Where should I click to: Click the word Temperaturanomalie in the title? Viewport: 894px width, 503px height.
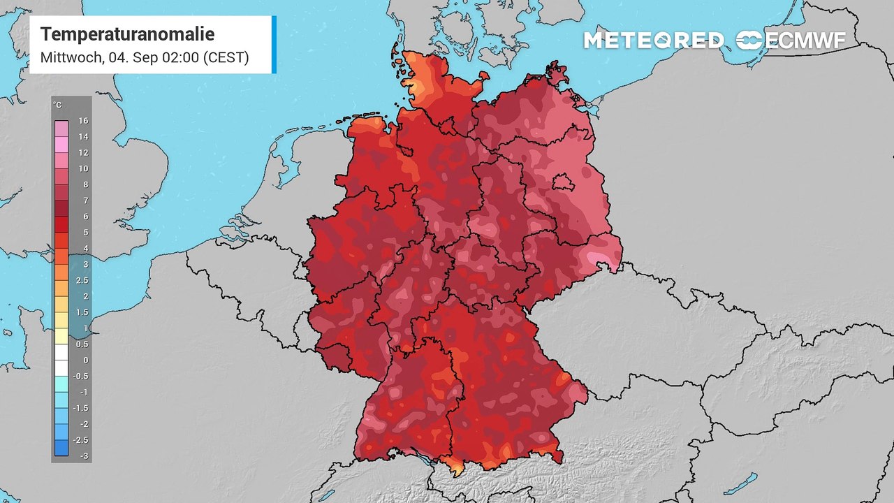(x=127, y=34)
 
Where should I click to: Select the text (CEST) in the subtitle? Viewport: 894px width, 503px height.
(x=226, y=57)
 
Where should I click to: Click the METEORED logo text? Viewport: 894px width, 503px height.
(x=654, y=41)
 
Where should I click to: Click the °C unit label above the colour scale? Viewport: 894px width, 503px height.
(x=57, y=105)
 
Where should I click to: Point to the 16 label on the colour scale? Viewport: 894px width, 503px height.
(x=83, y=121)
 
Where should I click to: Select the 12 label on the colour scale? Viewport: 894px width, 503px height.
(x=83, y=153)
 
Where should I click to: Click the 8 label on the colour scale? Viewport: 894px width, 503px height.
(x=85, y=184)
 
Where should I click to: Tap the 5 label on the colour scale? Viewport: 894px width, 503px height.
(x=85, y=233)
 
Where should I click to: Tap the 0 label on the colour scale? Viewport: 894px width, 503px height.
(x=85, y=360)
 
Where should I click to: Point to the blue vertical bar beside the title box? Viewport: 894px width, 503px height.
(x=274, y=45)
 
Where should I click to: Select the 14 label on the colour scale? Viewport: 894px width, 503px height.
(x=83, y=137)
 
